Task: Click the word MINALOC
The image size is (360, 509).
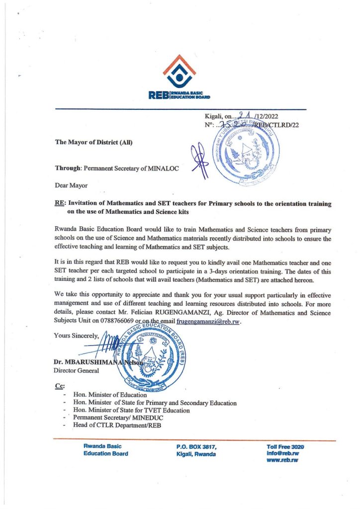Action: (x=161, y=168)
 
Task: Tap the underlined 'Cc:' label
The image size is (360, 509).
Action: (x=58, y=386)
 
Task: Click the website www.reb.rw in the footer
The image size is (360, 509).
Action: (x=282, y=461)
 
